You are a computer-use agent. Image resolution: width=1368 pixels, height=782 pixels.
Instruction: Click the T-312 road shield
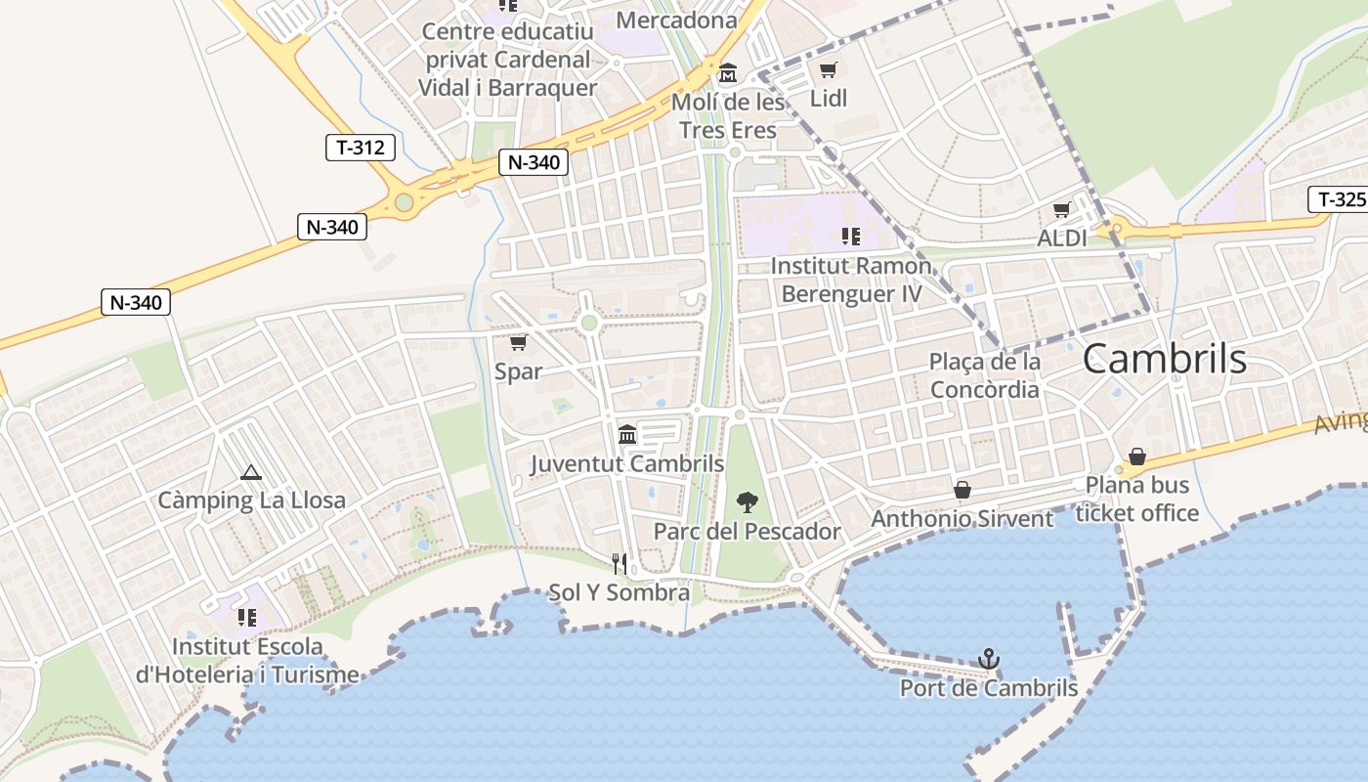361,148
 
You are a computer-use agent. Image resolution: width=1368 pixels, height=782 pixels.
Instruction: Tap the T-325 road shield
1337,199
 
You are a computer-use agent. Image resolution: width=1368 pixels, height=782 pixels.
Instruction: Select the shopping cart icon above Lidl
829,70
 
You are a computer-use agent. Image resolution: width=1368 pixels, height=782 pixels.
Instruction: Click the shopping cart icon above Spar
519,342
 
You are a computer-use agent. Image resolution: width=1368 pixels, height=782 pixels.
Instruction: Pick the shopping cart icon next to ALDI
1062,210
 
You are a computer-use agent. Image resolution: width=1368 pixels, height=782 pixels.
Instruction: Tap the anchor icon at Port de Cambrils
989,658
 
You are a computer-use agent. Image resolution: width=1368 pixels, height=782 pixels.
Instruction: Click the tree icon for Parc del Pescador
748,502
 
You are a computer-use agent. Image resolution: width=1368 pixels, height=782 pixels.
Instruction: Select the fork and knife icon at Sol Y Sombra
620,563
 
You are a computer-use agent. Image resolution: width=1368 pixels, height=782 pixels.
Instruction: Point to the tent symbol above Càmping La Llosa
251,473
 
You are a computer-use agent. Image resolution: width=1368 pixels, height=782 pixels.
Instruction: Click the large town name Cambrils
1164,360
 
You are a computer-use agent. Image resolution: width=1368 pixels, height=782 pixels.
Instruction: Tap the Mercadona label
677,20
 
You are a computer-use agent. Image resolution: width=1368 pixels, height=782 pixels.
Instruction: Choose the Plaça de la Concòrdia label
985,375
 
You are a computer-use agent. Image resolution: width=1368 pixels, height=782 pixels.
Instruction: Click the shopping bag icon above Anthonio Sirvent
962,489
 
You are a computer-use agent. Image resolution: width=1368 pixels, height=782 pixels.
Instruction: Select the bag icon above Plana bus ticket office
1137,456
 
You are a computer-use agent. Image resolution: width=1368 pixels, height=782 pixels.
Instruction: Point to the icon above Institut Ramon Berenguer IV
850,236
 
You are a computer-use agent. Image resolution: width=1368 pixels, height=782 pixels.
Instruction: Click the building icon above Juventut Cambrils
627,434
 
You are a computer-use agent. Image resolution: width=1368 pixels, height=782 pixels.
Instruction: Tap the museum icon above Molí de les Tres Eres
728,73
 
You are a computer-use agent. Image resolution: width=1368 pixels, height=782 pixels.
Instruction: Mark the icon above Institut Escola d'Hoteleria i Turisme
246,618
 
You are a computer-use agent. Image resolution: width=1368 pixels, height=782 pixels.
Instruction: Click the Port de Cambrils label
989,688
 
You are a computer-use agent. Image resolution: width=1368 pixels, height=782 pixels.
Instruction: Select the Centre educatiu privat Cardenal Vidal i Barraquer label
507,60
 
